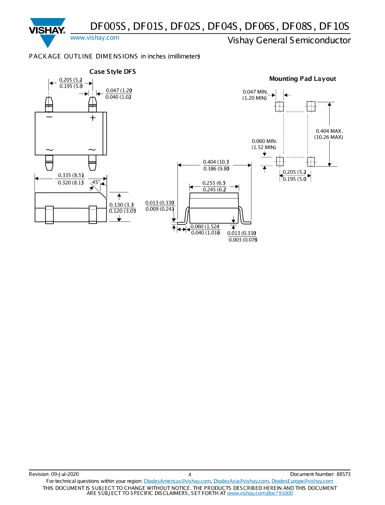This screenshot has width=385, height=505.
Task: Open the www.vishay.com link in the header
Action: click(95, 38)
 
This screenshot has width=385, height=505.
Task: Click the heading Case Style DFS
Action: click(112, 72)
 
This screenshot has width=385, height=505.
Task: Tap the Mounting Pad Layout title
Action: click(302, 79)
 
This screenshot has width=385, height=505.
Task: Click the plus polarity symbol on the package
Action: click(93, 118)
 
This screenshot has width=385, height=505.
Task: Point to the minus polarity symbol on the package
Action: click(49, 117)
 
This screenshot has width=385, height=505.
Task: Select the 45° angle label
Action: click(96, 182)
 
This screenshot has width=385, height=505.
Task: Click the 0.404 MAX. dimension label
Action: click(329, 131)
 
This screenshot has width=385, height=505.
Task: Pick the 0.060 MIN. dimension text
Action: click(264, 141)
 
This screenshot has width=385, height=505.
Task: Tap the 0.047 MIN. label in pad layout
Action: click(255, 92)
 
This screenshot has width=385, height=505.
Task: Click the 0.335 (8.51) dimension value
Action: click(71, 175)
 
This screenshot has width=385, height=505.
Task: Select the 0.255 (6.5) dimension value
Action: click(214, 183)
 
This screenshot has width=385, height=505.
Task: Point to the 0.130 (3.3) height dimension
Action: click(121, 205)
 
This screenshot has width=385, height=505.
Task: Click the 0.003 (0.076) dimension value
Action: click(243, 240)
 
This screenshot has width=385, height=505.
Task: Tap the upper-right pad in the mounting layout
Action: click(311, 106)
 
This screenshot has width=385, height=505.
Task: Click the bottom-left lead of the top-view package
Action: click(49, 162)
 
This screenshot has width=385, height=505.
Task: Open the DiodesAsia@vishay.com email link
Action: click(241, 481)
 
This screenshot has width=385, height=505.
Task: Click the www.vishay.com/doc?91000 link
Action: click(260, 493)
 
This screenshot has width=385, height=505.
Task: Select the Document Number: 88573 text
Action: click(320, 474)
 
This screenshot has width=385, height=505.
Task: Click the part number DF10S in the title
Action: click(334, 27)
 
